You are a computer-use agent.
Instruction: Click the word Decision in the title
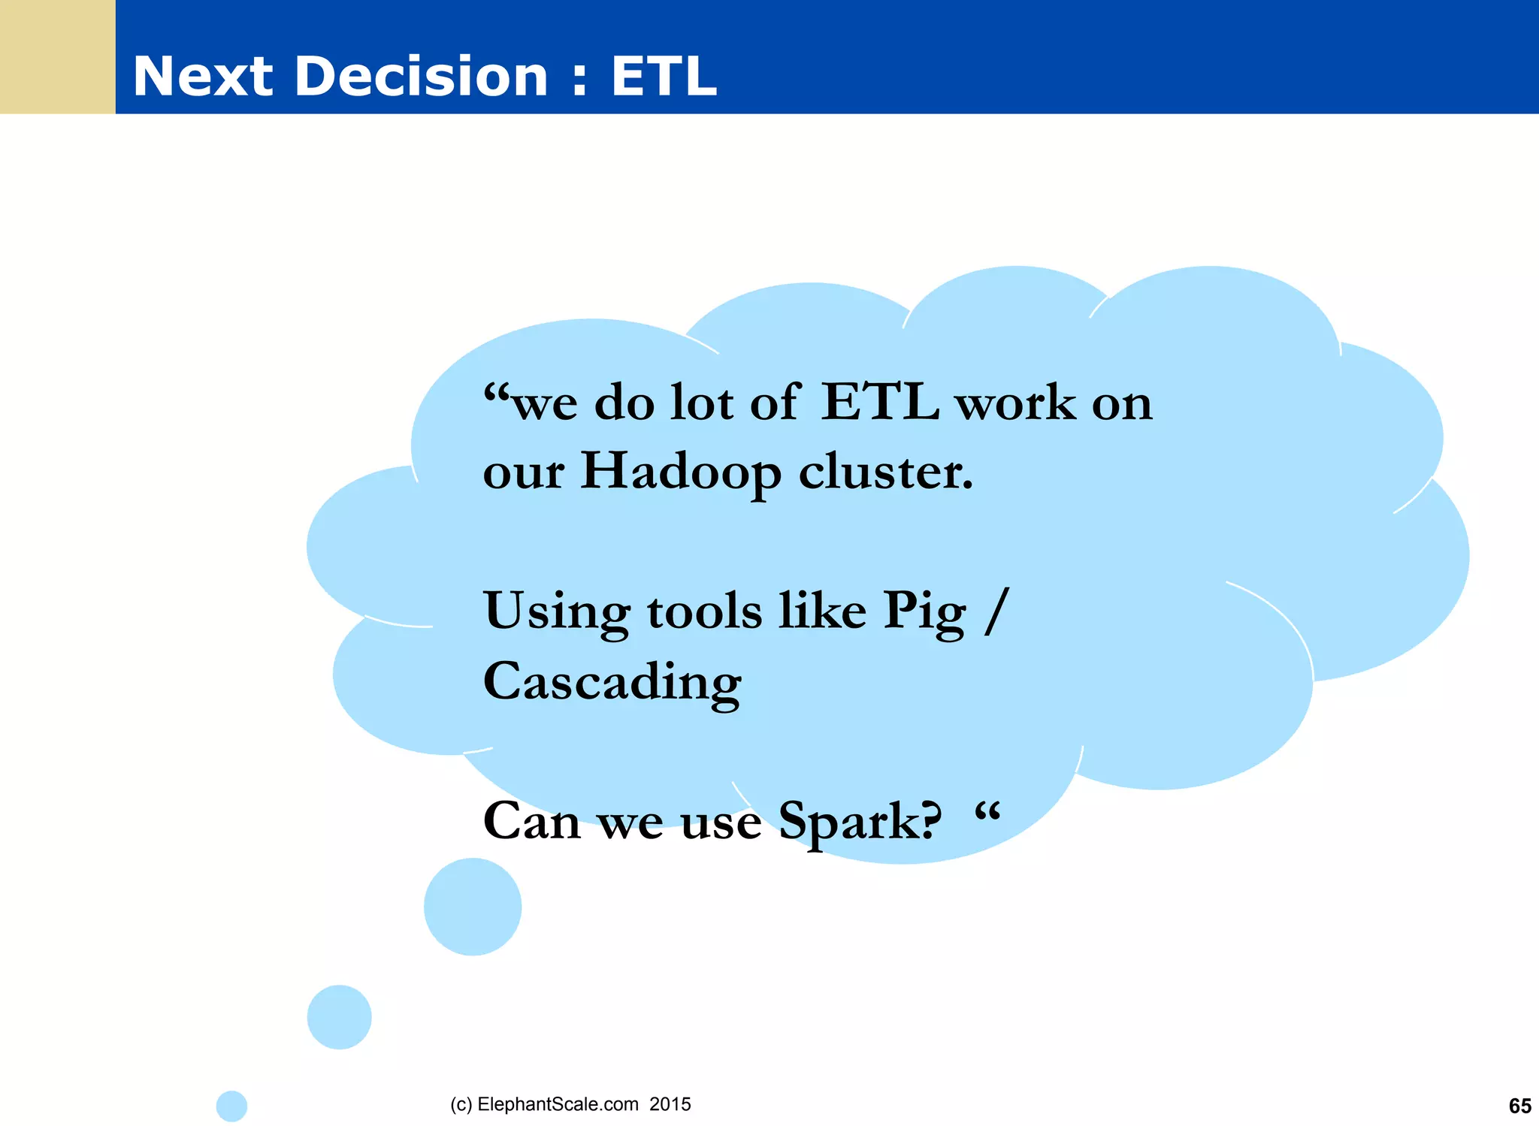[422, 77]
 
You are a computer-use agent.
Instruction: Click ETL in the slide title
[664, 77]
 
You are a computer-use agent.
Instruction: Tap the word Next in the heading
[203, 77]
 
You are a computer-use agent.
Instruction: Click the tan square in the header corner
[57, 57]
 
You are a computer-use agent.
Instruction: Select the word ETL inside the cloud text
[879, 403]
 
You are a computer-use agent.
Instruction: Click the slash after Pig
[996, 611]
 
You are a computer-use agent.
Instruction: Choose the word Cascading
[612, 682]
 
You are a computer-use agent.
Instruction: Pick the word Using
[556, 611]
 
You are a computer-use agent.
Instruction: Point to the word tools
[704, 611]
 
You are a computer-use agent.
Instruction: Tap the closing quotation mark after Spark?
[987, 811]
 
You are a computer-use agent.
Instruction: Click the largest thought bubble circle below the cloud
[472, 907]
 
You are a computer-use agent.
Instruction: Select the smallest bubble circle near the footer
[231, 1106]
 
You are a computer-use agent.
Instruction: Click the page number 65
[1519, 1106]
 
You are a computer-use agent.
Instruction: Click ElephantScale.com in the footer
[558, 1104]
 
